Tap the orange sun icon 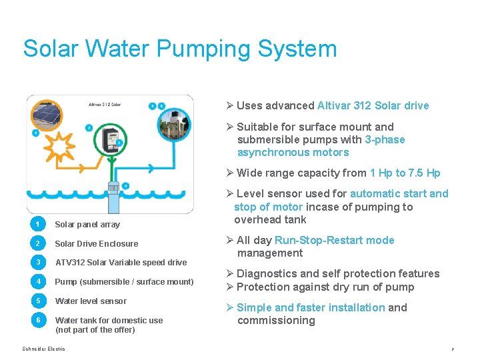point(61,143)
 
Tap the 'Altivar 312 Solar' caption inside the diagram point(105,104)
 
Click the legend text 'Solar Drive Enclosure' point(97,244)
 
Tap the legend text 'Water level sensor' point(91,301)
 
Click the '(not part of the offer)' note point(95,330)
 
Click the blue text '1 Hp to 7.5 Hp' point(405,173)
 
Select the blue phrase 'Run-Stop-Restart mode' point(335,241)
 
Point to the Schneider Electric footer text point(44,349)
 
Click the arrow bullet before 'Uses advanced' point(229,106)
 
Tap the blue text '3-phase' point(385,140)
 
